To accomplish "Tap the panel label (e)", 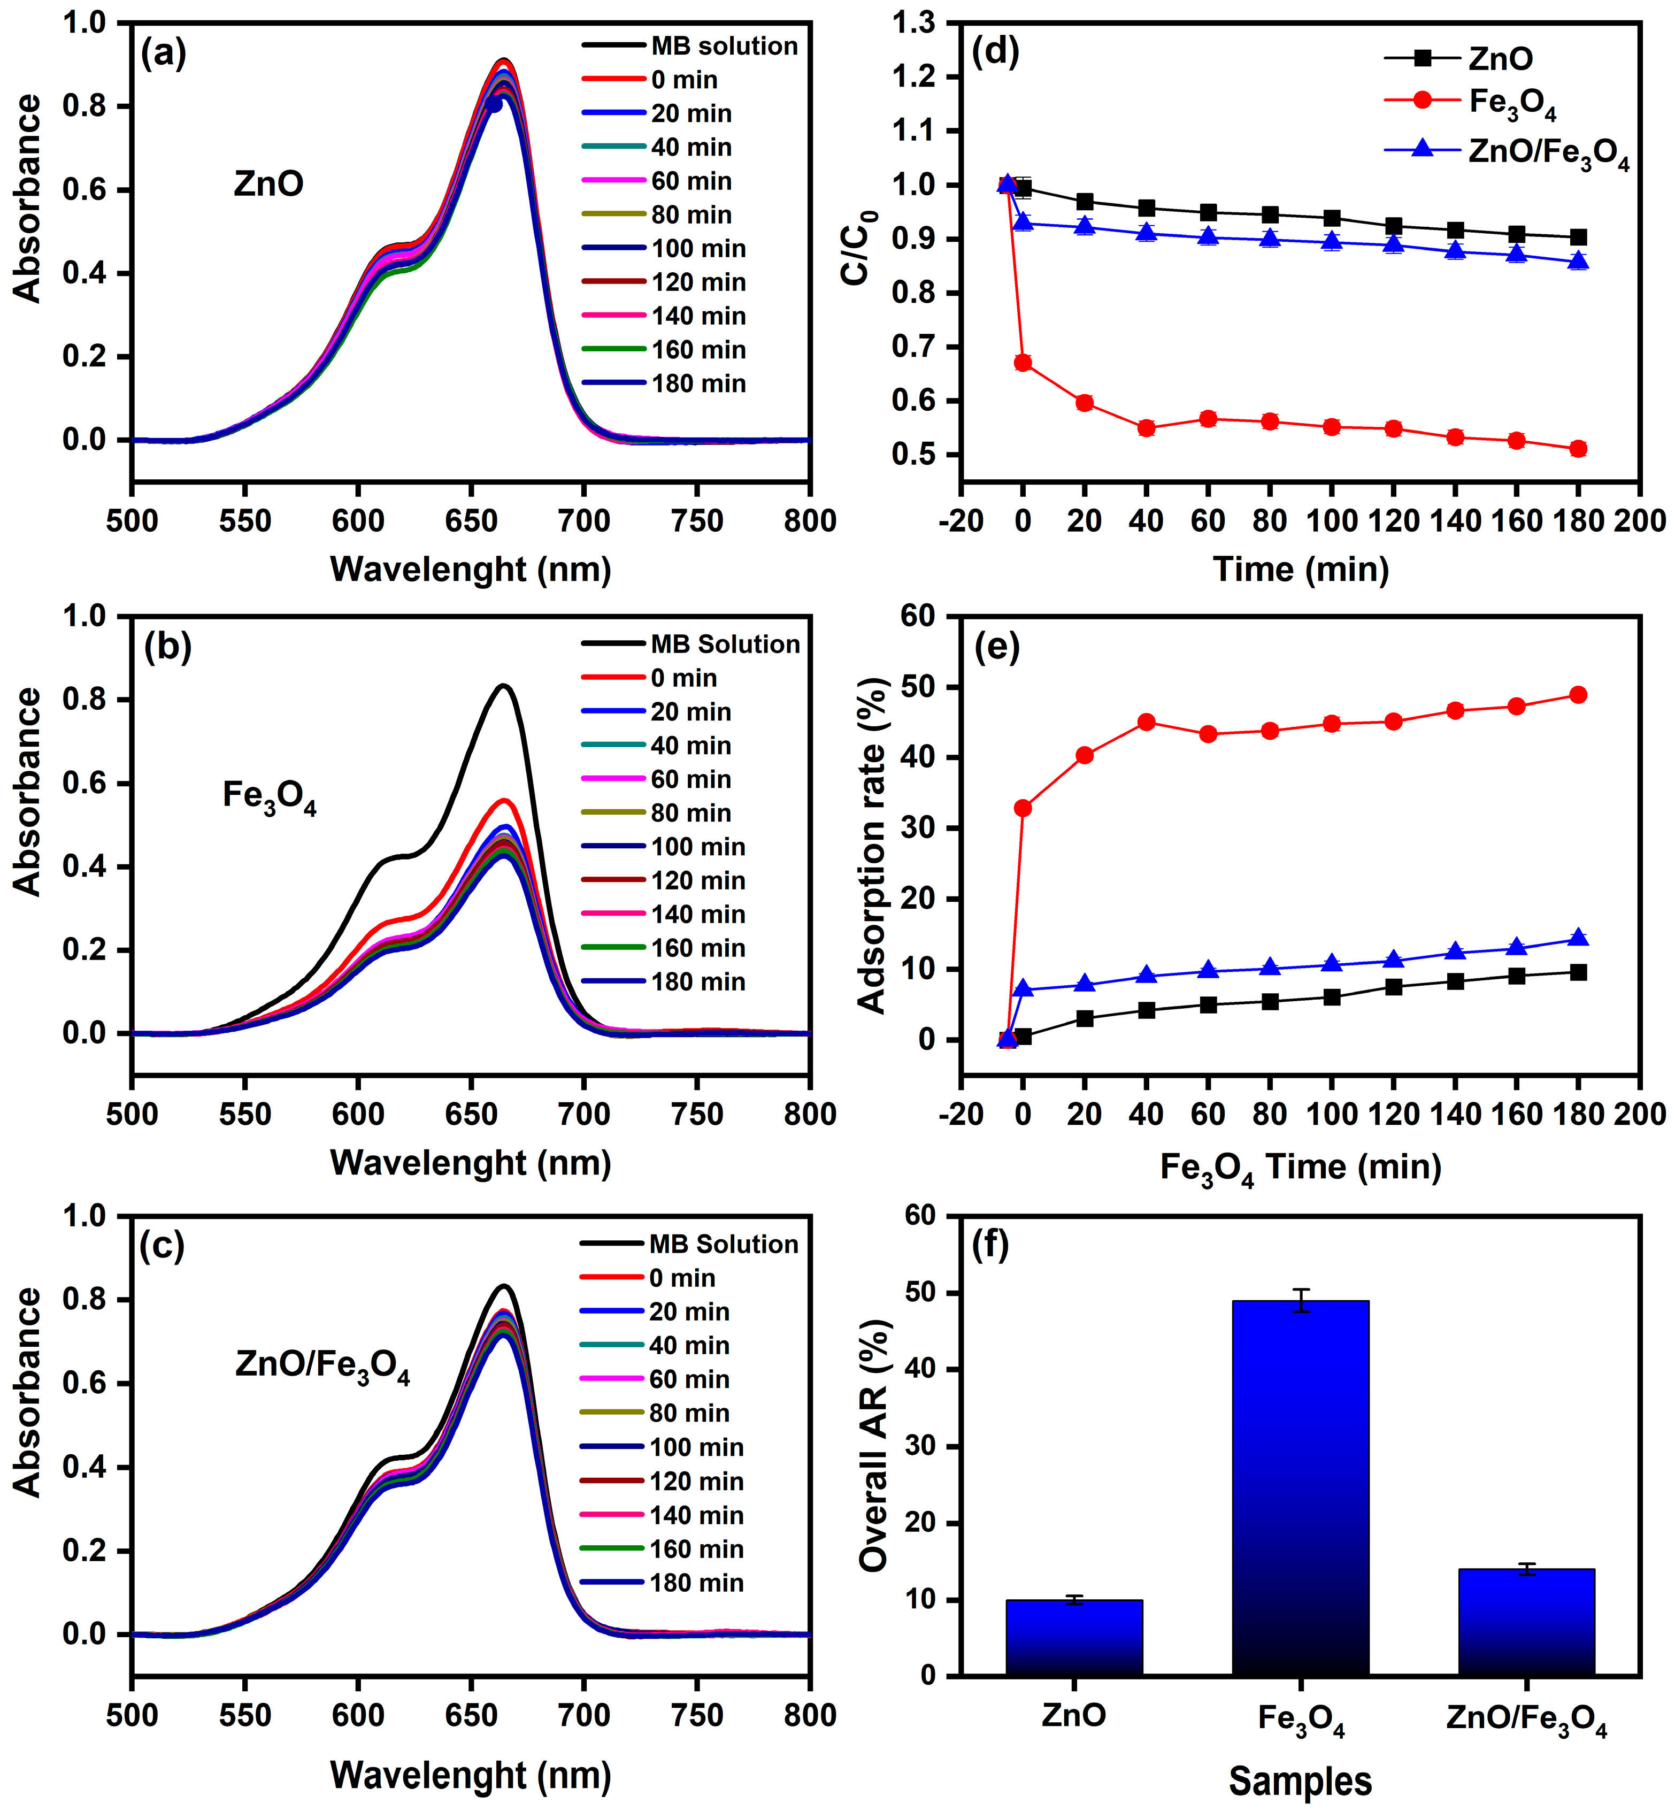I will pos(996,647).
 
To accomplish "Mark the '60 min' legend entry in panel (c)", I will pos(689,1379).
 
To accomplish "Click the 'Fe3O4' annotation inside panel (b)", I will pos(269,797).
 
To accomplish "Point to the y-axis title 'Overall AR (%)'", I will pos(874,1446).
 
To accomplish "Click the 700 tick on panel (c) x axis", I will pos(583,1715).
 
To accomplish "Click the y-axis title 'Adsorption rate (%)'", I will pos(872,845).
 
